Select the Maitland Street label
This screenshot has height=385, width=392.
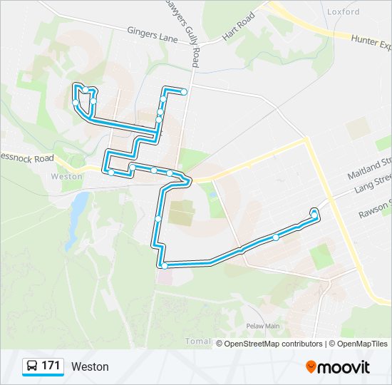(370, 169)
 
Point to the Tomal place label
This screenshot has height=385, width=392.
(197, 341)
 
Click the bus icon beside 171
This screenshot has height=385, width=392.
(32, 366)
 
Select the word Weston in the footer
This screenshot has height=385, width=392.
(90, 366)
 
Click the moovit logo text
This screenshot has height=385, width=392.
(344, 367)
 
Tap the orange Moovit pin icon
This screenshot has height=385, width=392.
(311, 366)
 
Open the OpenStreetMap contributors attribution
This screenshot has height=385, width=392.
(274, 344)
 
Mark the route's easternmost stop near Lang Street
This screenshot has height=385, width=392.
(314, 212)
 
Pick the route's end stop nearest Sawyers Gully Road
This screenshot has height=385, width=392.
(184, 91)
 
